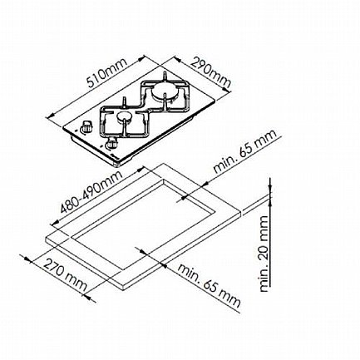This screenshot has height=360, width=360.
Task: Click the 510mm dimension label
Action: [106, 73]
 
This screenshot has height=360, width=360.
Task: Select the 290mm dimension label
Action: [211, 72]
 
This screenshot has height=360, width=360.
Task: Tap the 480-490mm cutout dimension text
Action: [91, 193]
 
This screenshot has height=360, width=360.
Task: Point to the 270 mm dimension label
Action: [65, 274]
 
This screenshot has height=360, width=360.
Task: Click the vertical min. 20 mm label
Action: [264, 254]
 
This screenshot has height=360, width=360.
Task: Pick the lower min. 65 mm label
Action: [209, 285]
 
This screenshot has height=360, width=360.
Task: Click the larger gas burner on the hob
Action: [165, 93]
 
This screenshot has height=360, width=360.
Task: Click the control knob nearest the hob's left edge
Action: [86, 126]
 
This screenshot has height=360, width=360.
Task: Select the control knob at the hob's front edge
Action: [111, 143]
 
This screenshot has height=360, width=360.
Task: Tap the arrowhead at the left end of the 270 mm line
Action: [27, 259]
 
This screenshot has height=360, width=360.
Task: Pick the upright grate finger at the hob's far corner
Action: [165, 76]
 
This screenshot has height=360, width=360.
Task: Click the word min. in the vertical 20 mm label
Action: [264, 280]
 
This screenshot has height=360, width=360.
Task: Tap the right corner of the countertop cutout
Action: [216, 212]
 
